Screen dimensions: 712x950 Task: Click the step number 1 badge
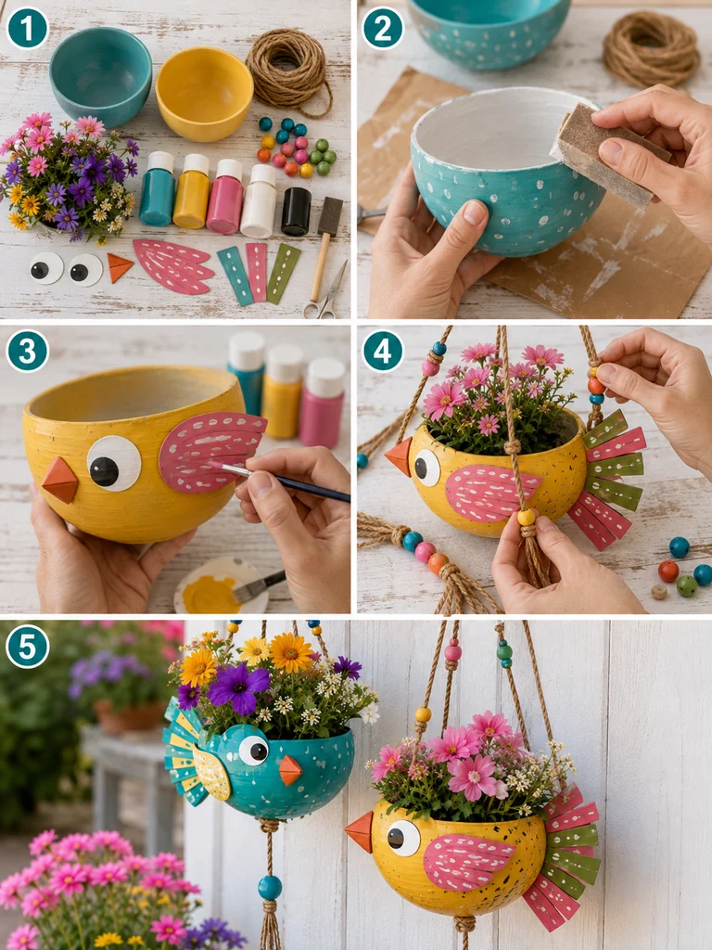coord(27,28)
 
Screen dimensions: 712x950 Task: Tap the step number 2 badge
coord(383,28)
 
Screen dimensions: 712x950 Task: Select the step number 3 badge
coord(27,351)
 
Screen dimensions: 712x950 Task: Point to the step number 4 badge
coord(383,351)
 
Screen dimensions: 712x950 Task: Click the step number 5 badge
coord(27,647)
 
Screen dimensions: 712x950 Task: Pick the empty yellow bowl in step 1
coord(204,94)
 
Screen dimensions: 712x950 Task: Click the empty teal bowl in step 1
coord(100,76)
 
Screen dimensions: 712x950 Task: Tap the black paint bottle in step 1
coord(296,211)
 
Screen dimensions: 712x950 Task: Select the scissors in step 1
coord(327,293)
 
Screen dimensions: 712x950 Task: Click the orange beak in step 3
coord(59,481)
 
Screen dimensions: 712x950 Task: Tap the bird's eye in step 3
coord(114,464)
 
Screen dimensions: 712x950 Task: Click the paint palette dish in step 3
coord(221,586)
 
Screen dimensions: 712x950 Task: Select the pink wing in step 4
coord(492,494)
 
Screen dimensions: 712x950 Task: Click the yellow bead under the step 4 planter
coord(527,517)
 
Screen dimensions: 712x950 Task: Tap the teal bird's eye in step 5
coord(254,750)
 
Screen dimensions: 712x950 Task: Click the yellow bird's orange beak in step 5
coord(360,831)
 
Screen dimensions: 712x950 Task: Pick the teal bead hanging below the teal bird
coord(270,888)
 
